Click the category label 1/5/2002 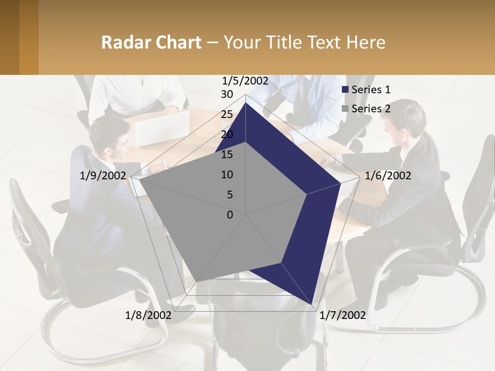pos(245,80)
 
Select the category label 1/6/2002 pos(388,176)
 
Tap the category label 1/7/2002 pos(343,315)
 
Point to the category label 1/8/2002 pos(148,315)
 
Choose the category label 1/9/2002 pos(103,176)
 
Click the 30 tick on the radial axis pos(227,94)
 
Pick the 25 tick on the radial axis pos(227,114)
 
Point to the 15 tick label pos(227,155)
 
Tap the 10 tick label pos(227,175)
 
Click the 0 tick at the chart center pos(230,215)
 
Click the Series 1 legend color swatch pos(345,90)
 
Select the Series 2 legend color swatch pos(345,109)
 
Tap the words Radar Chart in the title pos(151,42)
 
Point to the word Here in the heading pos(366,42)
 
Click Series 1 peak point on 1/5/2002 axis pos(245,103)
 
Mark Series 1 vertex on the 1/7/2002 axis pos(313,305)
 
